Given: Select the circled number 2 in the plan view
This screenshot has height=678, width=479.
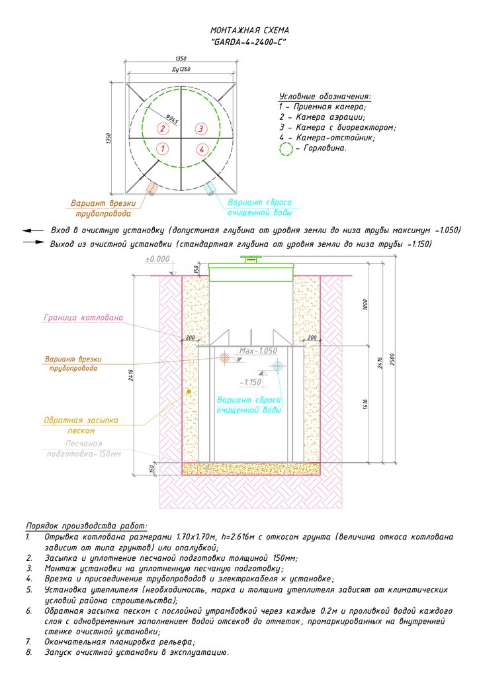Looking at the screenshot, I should click(x=161, y=127).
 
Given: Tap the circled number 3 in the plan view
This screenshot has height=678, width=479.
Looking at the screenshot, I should click(x=202, y=127).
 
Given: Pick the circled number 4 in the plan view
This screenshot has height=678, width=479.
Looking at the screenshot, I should click(x=202, y=148).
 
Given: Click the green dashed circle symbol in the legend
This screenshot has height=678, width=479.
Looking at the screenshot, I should click(x=286, y=149).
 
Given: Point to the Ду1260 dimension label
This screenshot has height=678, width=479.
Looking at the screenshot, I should click(x=180, y=69).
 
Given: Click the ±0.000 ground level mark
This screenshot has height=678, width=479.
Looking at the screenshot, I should click(x=157, y=258).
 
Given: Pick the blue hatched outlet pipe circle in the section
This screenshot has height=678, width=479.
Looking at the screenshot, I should click(x=278, y=365).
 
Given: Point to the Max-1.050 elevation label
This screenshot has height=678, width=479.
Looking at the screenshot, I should click(x=258, y=351).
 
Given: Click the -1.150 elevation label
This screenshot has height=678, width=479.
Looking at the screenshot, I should click(x=251, y=383).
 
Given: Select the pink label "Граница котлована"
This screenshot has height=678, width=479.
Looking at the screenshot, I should click(x=83, y=318).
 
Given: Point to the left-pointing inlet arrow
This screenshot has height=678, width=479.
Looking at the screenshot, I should click(x=32, y=230).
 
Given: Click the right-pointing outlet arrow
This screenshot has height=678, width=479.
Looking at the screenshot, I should click(x=32, y=243).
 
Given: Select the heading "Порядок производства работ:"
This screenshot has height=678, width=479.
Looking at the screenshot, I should click(x=87, y=524).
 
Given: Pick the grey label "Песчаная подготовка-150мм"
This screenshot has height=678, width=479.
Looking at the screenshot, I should click(x=83, y=448).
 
